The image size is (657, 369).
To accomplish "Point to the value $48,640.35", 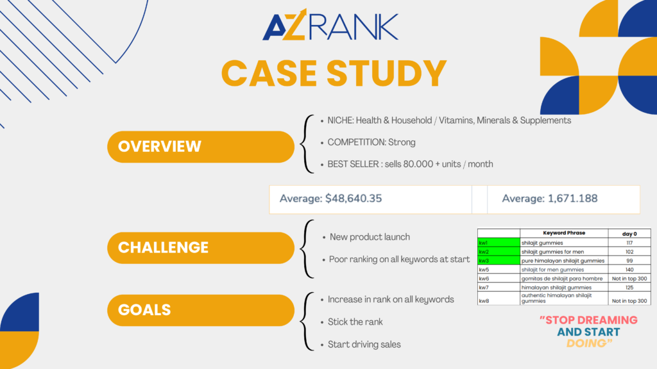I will coord(354,199).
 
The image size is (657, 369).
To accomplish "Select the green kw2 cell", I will coord(499,252).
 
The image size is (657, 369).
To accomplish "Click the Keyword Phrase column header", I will coord(563,233).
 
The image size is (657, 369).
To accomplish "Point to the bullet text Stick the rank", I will coord(356,322).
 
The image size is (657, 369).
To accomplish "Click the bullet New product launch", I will coord(370,237).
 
